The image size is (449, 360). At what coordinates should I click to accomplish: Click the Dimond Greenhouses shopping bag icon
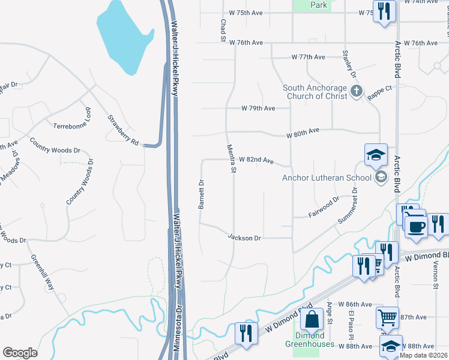click(x=313, y=320)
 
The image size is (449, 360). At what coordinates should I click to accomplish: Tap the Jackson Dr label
click(x=244, y=238)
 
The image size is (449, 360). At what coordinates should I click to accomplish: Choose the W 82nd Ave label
click(x=256, y=160)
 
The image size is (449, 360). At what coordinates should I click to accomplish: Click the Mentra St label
click(x=231, y=158)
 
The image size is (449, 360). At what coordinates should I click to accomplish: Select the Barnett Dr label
click(x=202, y=194)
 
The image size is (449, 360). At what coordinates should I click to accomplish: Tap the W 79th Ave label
click(x=258, y=109)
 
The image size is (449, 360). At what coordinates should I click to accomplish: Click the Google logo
click(x=20, y=353)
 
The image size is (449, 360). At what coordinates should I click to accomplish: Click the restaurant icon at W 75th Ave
click(x=384, y=11)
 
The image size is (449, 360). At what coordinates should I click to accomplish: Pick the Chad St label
click(x=223, y=29)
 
